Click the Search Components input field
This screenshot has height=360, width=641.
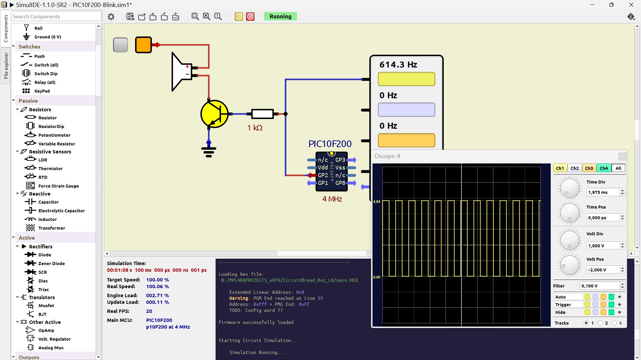pos(56,16)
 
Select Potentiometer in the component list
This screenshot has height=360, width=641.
pos(54,135)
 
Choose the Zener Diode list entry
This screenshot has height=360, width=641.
pos(51,263)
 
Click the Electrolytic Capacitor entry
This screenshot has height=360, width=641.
pos(62,211)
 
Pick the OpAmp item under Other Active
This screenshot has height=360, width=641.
pos(46,330)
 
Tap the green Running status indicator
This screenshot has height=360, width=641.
pos(280,16)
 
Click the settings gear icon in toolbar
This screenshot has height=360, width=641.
pos(111,16)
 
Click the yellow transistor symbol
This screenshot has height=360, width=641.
pos(214,114)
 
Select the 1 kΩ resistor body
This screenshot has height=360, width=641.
pos(262,114)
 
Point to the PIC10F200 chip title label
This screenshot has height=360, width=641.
pos(330,144)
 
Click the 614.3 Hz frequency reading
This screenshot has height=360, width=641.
pos(398,65)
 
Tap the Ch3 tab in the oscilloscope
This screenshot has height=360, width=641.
pos(589,168)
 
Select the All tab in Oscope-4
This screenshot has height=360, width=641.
pos(618,168)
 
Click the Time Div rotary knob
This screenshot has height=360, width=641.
pos(569,188)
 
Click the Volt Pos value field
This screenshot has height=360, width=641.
pos(603,270)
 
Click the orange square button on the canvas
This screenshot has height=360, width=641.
pos(143,45)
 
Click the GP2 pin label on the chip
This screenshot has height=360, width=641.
pos(323,175)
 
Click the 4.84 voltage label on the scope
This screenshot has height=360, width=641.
pos(377,202)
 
